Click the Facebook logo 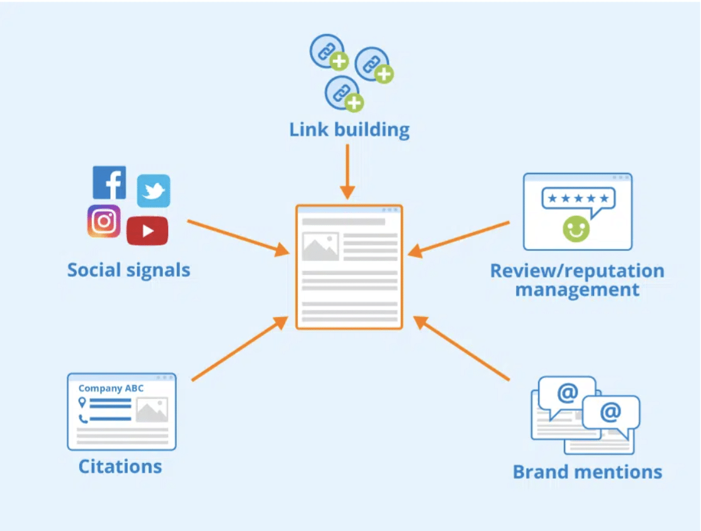pyautogui.click(x=109, y=182)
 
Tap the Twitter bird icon pyautogui.click(x=154, y=191)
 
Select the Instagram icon pyautogui.click(x=104, y=221)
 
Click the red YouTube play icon pyautogui.click(x=147, y=230)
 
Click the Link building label pyautogui.click(x=349, y=130)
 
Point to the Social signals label pyautogui.click(x=128, y=271)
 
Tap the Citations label pyautogui.click(x=120, y=466)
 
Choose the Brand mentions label pyautogui.click(x=587, y=472)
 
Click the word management pyautogui.click(x=577, y=290)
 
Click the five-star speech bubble pyautogui.click(x=578, y=199)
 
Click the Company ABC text pyautogui.click(x=111, y=389)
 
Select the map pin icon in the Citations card pyautogui.click(x=82, y=403)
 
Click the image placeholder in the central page pyautogui.click(x=320, y=247)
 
